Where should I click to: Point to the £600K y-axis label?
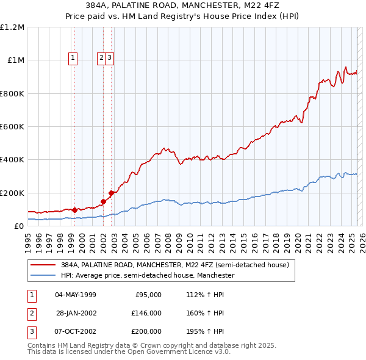pos(12,127)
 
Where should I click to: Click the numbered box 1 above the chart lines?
pos(73,58)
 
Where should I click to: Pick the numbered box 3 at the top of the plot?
pos(109,58)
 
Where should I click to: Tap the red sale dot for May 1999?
pos(74,210)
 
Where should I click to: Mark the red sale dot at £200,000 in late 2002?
pos(111,193)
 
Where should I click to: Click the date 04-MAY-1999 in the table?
pos(76,295)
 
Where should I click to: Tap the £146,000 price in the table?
pos(146,313)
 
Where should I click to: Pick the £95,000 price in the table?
pos(148,295)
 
